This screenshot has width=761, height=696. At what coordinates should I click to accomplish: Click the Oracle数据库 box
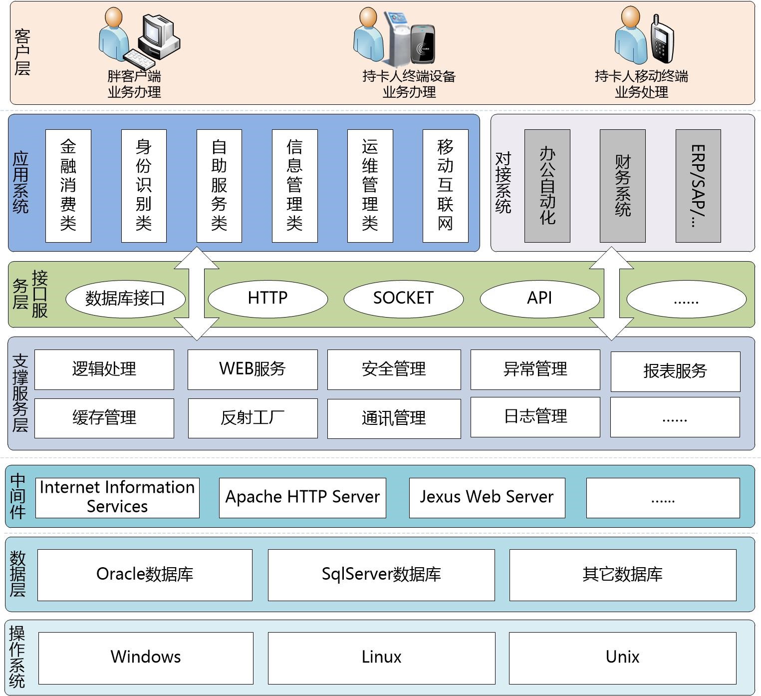click(145, 575)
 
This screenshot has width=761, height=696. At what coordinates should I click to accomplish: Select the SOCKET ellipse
click(403, 298)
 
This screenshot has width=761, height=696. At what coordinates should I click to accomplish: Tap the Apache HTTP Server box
click(302, 497)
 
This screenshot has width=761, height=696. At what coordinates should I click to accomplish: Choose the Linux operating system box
click(381, 658)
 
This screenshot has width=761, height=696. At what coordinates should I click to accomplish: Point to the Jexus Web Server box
click(487, 497)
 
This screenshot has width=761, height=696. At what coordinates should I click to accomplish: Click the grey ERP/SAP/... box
click(698, 186)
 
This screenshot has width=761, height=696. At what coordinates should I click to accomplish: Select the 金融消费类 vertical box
click(68, 186)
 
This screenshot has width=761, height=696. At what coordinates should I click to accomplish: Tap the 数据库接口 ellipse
click(125, 299)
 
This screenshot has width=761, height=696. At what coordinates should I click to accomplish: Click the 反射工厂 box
click(253, 418)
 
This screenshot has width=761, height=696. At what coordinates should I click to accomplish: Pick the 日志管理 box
click(535, 417)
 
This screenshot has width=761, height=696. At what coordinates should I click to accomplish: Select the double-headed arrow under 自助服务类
click(197, 294)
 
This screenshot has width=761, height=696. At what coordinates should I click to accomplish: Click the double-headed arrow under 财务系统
click(611, 294)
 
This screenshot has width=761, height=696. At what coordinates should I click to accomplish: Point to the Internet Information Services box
click(117, 497)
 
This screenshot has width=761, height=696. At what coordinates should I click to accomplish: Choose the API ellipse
click(539, 298)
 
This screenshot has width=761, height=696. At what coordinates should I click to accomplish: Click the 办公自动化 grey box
click(547, 186)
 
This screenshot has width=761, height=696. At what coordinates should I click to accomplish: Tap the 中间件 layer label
click(18, 496)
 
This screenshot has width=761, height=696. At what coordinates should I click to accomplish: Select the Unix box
click(622, 658)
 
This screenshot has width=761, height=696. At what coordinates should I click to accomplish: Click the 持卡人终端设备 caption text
click(409, 76)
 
